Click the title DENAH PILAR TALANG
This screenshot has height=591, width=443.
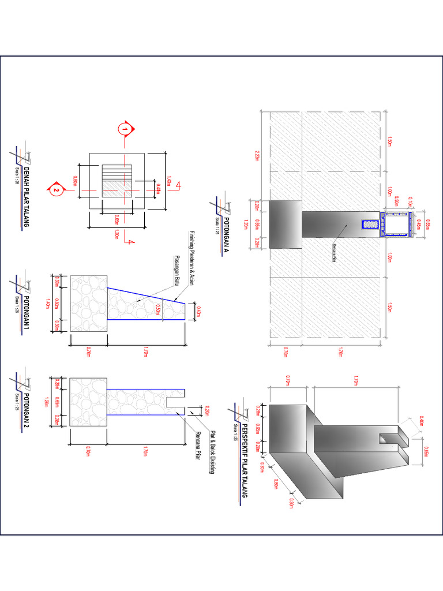[26, 196]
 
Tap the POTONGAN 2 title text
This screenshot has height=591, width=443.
[26, 407]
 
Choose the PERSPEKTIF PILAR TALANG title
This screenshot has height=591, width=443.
[243, 462]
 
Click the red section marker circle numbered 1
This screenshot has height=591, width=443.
[123, 129]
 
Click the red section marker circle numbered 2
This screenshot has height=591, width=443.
[56, 189]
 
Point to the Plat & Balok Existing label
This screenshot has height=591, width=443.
[212, 452]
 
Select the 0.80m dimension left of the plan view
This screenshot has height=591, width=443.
[74, 181]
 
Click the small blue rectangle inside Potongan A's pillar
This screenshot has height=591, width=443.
[367, 225]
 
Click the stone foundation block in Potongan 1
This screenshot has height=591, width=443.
[88, 304]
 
